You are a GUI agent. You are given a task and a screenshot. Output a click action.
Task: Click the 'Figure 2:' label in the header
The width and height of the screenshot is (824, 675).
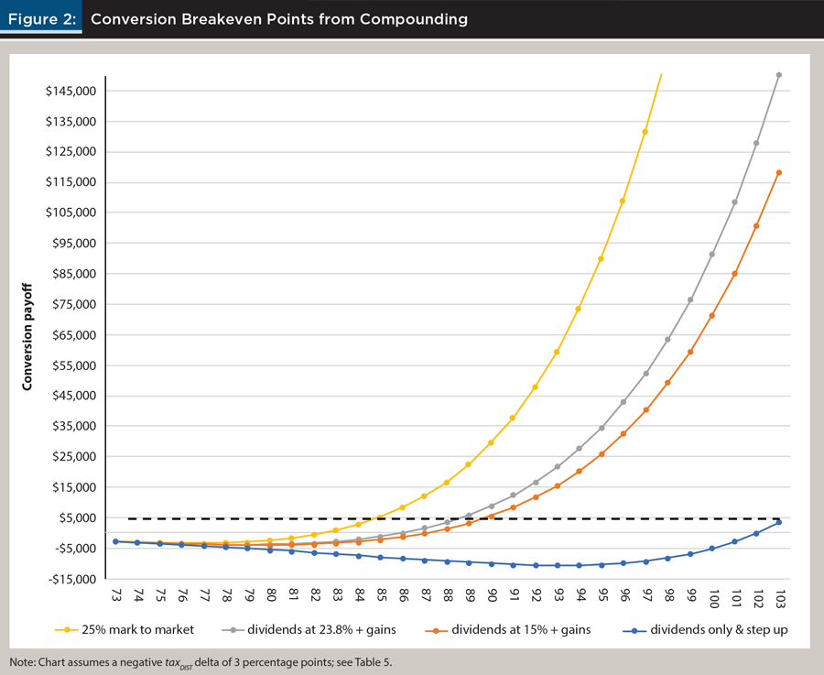pyautogui.click(x=41, y=18)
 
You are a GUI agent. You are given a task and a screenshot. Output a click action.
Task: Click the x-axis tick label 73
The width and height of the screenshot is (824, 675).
pyautogui.click(x=116, y=597)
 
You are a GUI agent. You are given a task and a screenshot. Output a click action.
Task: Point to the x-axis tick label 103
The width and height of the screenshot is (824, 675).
pyautogui.click(x=779, y=600)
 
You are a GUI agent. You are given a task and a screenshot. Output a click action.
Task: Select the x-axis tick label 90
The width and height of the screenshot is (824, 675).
pyautogui.click(x=492, y=597)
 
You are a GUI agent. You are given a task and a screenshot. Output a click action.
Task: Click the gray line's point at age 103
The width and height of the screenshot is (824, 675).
pyautogui.click(x=779, y=75)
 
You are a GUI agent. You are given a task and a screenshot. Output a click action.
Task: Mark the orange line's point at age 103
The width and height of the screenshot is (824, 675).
pyautogui.click(x=779, y=172)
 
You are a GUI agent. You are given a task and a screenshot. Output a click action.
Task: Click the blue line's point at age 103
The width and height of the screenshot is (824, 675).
pyautogui.click(x=779, y=522)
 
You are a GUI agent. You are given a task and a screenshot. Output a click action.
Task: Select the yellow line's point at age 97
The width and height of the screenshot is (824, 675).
pyautogui.click(x=645, y=132)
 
